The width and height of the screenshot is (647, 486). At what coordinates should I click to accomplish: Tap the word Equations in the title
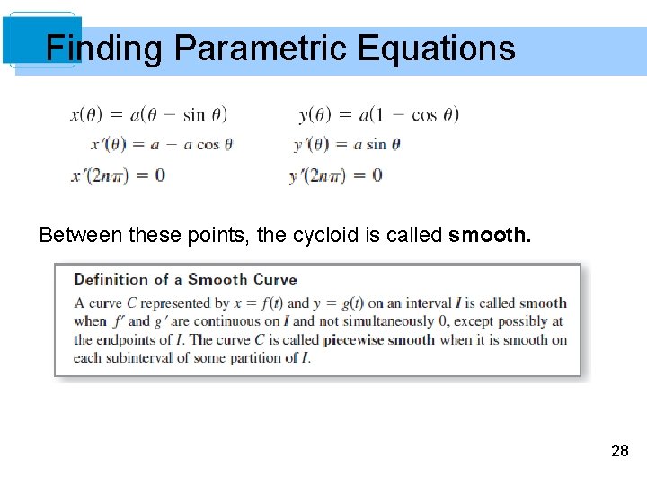pos(436,48)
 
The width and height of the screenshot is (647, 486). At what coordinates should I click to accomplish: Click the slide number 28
pos(619,451)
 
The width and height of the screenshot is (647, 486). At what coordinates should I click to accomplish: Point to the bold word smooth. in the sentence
pos(490,236)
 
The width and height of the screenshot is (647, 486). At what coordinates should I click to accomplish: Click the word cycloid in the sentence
pos(322,236)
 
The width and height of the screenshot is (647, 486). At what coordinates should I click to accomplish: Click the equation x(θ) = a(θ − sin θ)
pos(148,114)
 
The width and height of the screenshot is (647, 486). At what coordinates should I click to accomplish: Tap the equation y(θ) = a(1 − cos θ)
pos(378,114)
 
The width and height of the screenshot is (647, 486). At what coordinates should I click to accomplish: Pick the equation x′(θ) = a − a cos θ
pos(162,144)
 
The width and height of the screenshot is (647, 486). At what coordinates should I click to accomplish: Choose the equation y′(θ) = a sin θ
pos(347,144)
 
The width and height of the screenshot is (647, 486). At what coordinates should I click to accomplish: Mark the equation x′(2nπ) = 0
pos(118,175)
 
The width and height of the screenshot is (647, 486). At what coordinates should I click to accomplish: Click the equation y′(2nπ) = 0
pos(336,175)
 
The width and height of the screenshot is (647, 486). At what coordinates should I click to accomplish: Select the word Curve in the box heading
pos(273,280)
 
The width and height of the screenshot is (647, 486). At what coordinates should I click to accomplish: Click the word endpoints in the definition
pos(125,340)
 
